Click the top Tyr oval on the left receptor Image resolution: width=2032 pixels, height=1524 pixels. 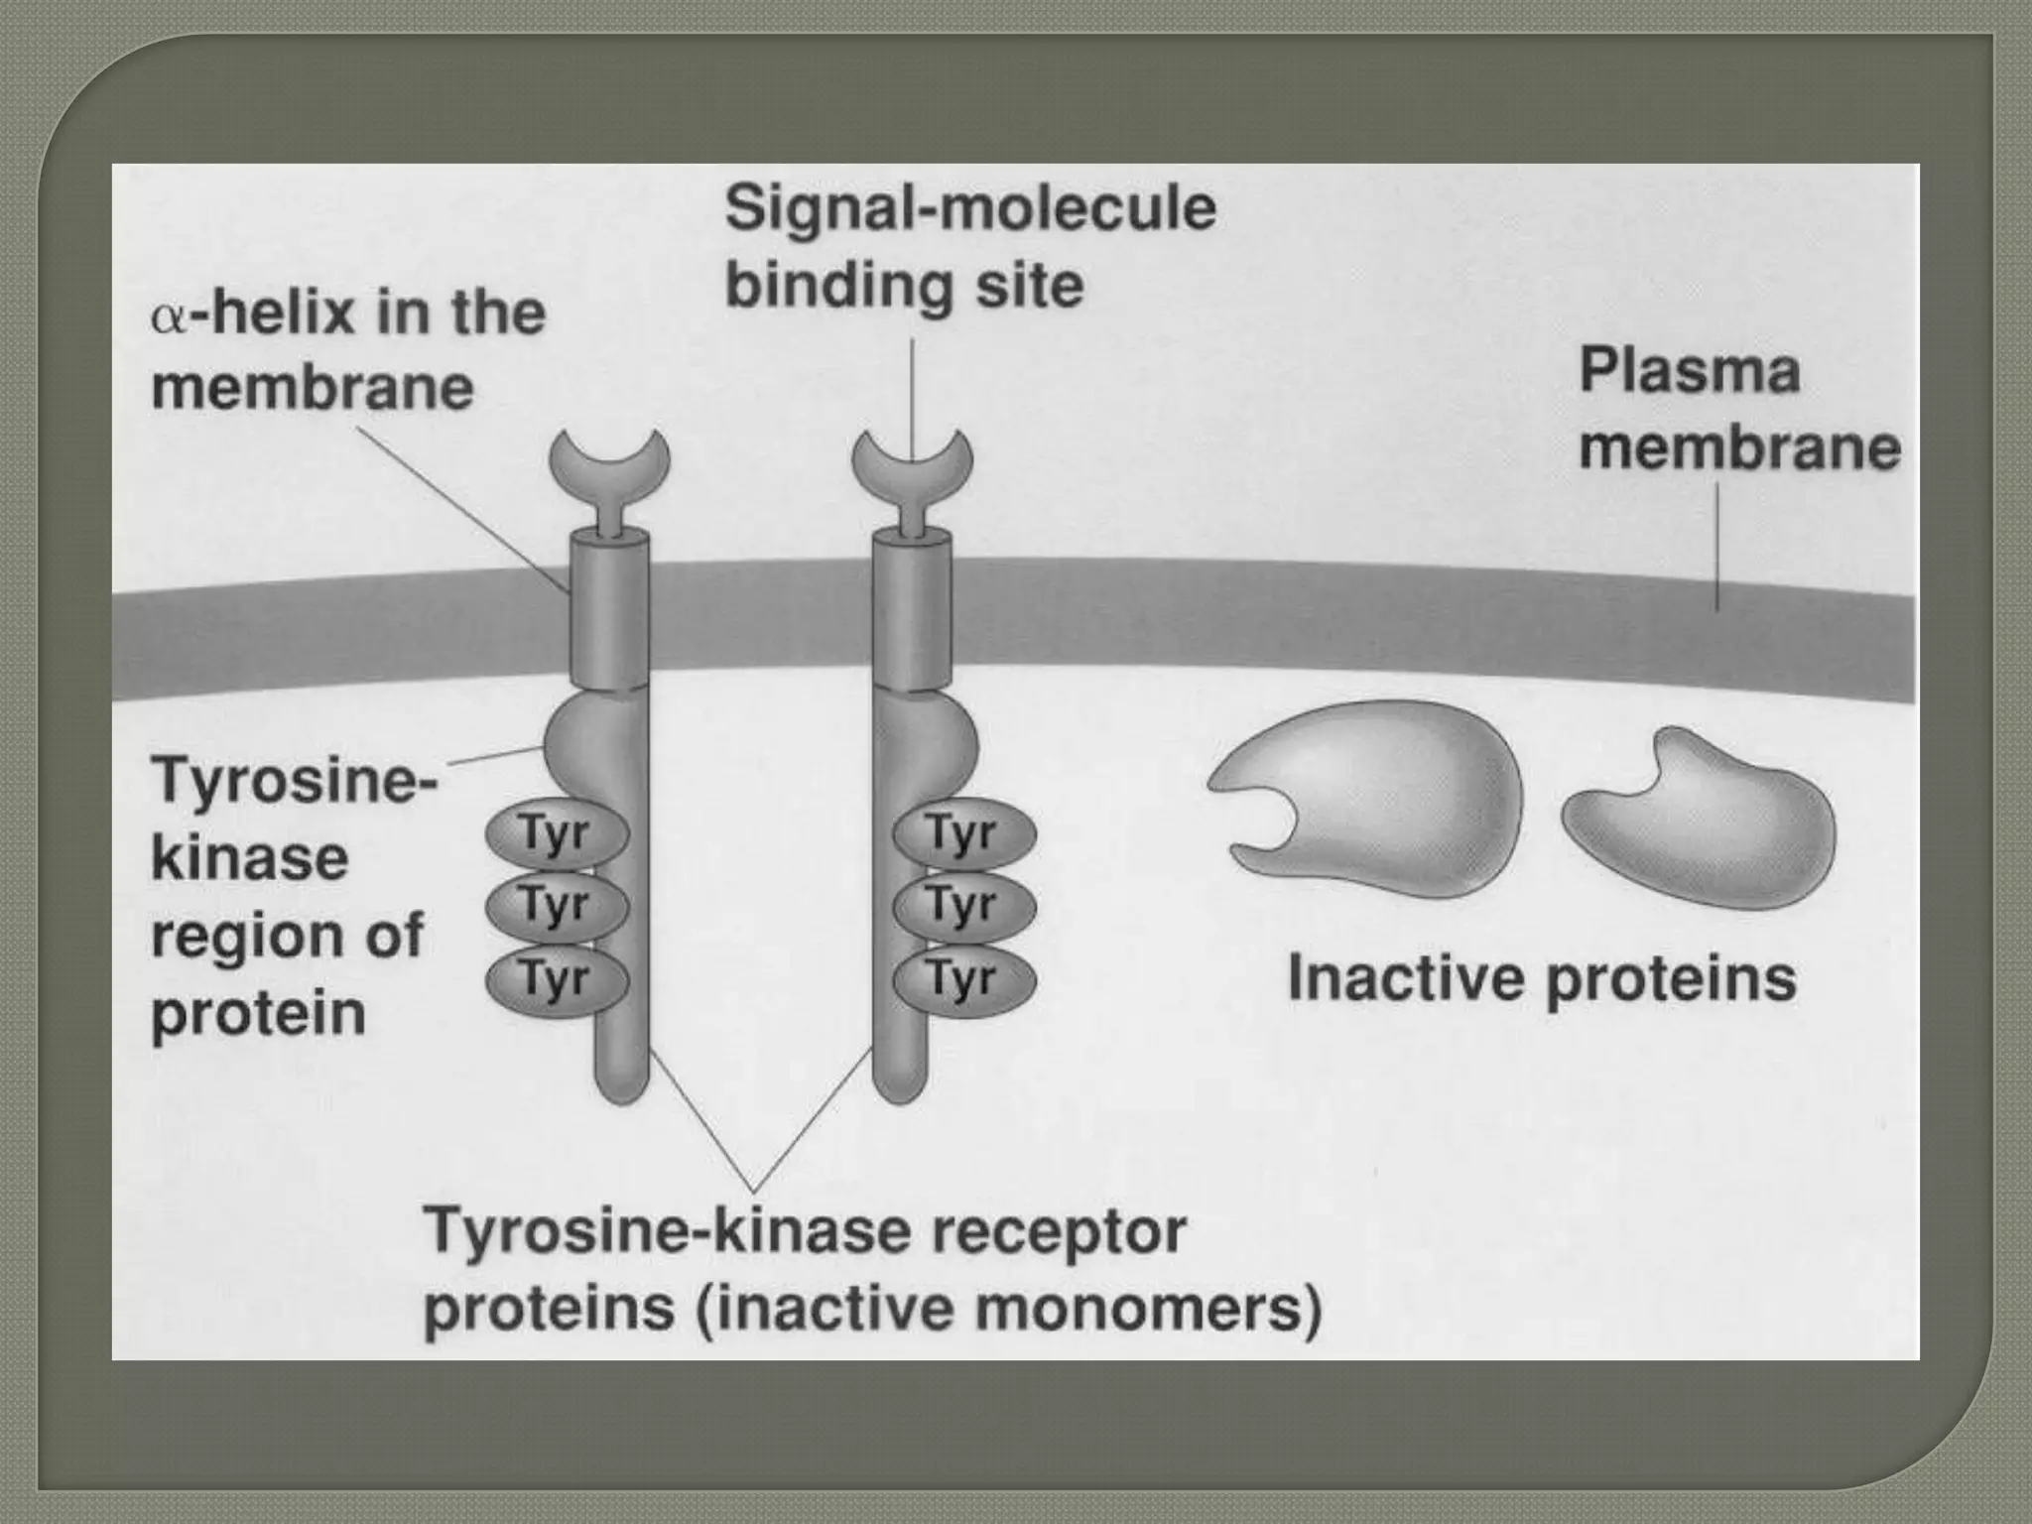556,835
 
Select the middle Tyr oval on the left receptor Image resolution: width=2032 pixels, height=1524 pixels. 556,906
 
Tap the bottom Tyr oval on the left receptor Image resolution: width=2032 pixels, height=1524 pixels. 556,980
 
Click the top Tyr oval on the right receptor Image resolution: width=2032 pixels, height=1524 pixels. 963,835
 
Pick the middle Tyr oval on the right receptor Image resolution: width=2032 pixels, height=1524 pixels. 963,906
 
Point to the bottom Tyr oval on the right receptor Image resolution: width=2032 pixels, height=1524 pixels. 963,980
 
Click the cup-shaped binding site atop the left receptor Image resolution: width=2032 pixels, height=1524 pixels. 609,461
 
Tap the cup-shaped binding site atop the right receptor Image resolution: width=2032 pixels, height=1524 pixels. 912,461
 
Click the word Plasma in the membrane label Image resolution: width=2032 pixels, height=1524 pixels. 1689,372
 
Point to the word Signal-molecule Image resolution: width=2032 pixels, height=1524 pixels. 969,209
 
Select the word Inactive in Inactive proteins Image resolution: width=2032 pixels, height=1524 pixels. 1404,979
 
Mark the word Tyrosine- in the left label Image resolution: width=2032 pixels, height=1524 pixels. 294,781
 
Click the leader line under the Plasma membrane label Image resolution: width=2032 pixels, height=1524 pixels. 1717,546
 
